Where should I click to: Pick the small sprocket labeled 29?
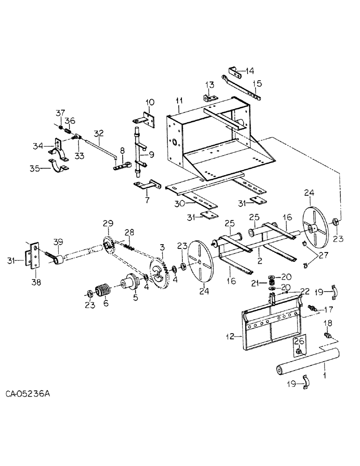click(x=109, y=246)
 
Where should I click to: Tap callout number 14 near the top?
click(x=249, y=71)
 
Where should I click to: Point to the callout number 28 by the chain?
click(x=129, y=232)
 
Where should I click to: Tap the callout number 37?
click(x=59, y=113)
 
